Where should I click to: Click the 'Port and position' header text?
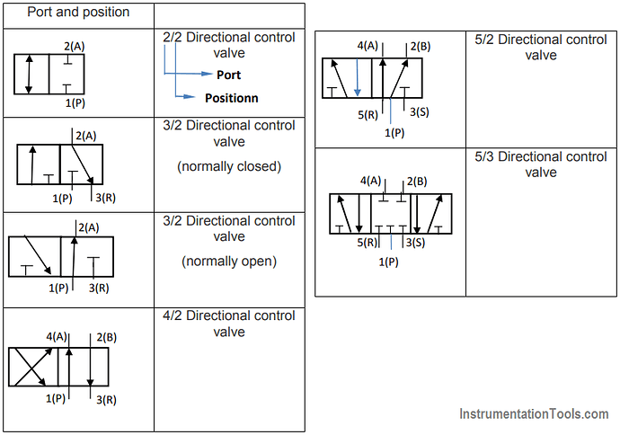click(x=78, y=13)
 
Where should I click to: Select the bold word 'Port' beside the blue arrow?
click(x=229, y=75)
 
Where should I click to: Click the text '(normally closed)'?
click(x=229, y=166)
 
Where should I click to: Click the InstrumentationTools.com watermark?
click(x=534, y=414)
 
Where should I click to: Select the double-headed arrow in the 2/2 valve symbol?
click(x=31, y=75)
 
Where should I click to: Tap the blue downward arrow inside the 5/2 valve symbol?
click(x=357, y=78)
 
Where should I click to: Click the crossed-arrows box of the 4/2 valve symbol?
click(x=32, y=367)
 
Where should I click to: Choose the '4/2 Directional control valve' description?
click(x=229, y=324)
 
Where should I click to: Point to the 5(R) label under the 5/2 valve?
click(x=368, y=113)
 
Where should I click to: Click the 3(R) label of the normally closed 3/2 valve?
click(x=104, y=198)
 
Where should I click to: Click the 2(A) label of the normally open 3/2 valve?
click(x=87, y=227)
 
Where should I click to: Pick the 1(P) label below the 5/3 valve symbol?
click(x=388, y=262)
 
